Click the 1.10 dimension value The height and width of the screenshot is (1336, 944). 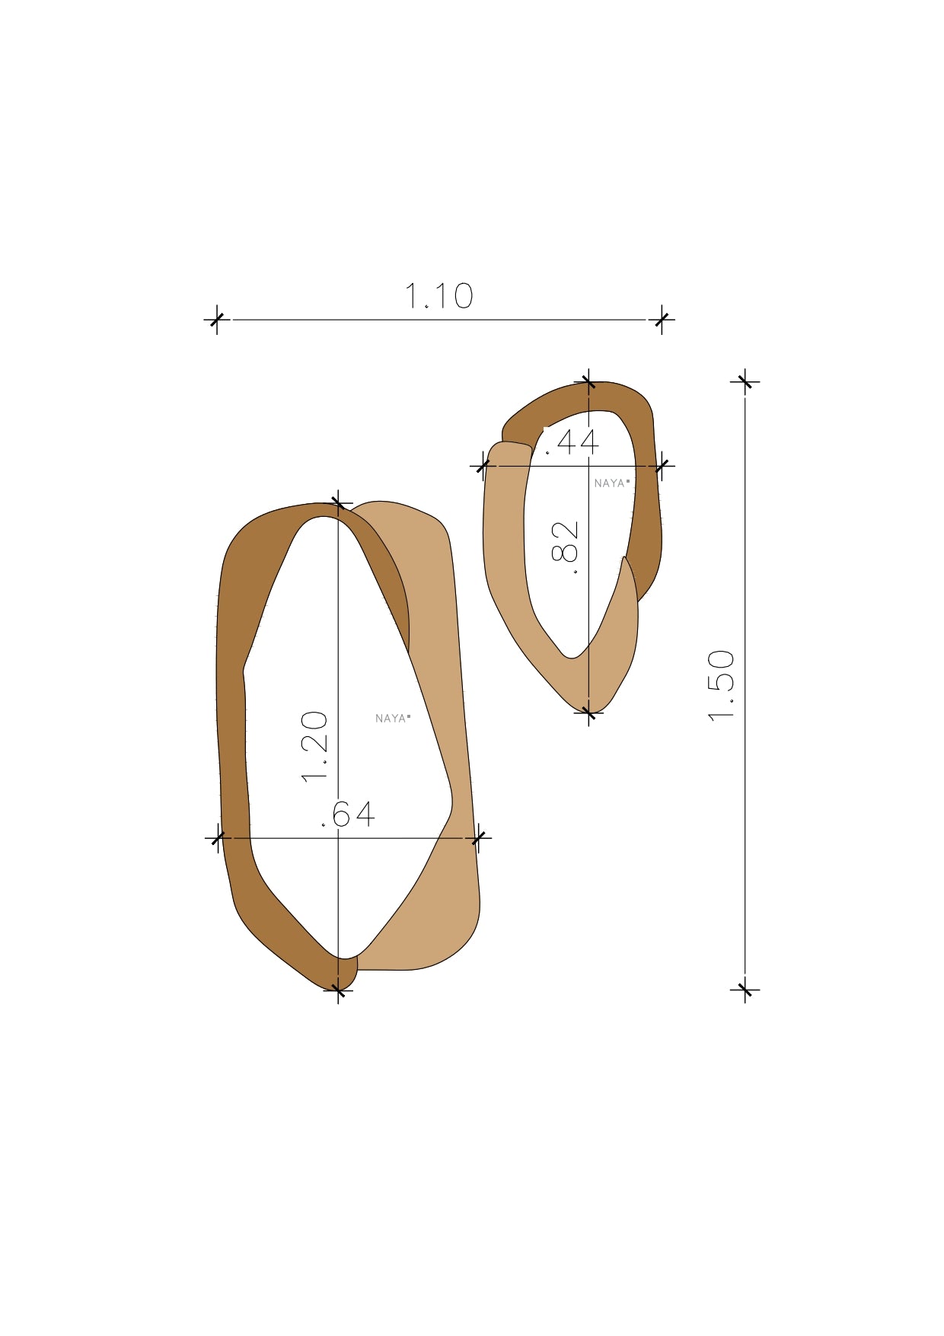[x=439, y=296]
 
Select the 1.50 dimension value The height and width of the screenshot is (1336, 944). [x=722, y=685]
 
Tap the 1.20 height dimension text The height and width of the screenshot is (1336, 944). [x=315, y=747]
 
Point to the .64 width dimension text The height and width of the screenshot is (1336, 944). [x=349, y=815]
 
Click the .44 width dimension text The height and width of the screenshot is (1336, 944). [x=572, y=442]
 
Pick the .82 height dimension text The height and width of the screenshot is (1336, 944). [x=565, y=547]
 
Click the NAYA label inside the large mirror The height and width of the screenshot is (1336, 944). [x=393, y=718]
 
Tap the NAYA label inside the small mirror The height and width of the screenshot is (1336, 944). [x=612, y=483]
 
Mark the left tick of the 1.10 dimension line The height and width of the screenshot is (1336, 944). [x=217, y=320]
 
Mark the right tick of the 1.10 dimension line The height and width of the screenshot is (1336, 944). [x=662, y=320]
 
